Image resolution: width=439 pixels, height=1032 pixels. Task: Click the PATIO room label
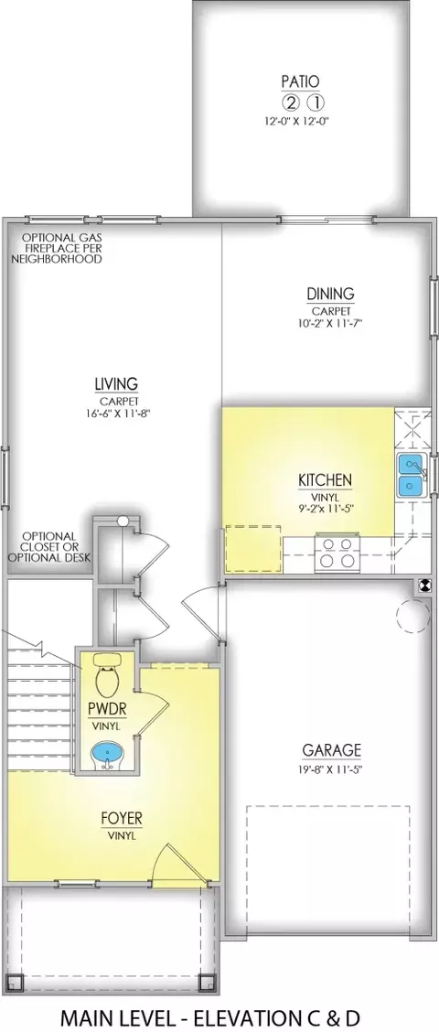coord(300,81)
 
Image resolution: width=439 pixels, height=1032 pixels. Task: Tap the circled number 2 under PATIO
coord(289,102)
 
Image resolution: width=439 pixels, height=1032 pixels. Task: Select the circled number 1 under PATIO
coord(316,102)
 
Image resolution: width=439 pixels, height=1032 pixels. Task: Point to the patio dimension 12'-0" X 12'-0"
coord(300,121)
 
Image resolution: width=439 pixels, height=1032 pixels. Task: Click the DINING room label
coord(330,294)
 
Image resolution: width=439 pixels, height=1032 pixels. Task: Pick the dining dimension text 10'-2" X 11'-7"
coord(330,323)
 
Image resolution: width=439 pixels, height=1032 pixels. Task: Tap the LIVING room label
coord(116,383)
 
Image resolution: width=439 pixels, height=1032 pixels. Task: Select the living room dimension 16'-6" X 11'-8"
coord(116,413)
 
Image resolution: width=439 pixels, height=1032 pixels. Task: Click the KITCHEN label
coord(326,480)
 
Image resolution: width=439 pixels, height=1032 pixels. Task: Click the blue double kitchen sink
coord(412,475)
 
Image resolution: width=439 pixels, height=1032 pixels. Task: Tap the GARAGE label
coord(332,750)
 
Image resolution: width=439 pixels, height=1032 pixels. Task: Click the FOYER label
coord(122,819)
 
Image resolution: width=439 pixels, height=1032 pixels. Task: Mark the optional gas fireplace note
coord(57,248)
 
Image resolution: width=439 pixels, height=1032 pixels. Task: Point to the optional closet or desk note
coord(49,547)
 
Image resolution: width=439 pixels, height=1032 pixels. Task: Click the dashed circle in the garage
coord(412,617)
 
